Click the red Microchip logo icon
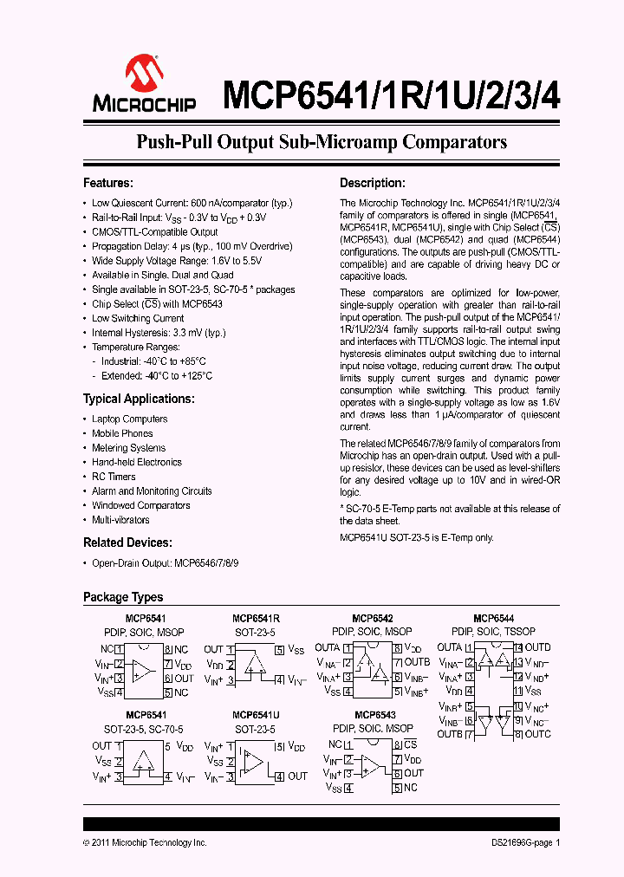[x=143, y=75]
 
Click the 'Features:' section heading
[x=107, y=183]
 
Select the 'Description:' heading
[x=372, y=183]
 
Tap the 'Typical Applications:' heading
[x=138, y=399]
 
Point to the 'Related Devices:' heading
[x=127, y=542]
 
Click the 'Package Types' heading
[x=122, y=597]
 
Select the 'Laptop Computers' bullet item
[x=129, y=419]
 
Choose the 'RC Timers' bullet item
[x=114, y=477]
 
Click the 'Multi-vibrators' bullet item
[x=120, y=520]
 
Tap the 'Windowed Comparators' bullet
[x=140, y=505]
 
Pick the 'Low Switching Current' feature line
[x=138, y=318]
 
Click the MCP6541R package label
[x=255, y=618]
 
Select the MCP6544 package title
[x=493, y=618]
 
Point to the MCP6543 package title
[x=373, y=715]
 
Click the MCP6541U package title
[x=255, y=715]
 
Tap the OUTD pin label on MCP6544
[x=536, y=647]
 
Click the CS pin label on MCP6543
[x=410, y=744]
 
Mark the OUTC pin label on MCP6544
[x=536, y=735]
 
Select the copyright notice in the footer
[x=145, y=842]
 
